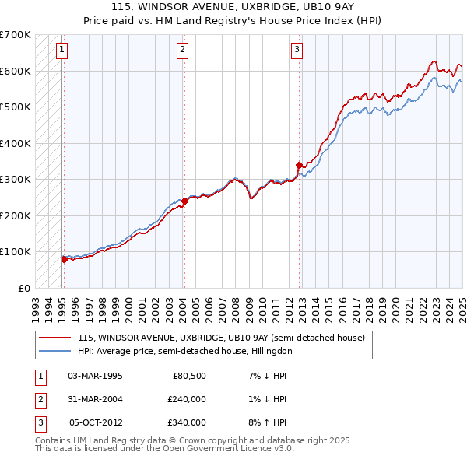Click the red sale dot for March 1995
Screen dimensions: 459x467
[x=64, y=259]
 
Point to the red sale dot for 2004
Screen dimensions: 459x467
[x=184, y=201]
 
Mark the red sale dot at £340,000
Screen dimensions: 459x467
[x=299, y=165]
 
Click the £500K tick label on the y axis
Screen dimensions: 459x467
[x=16, y=107]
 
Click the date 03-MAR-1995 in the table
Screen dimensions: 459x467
[x=96, y=376]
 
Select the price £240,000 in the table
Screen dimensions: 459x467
[x=187, y=399]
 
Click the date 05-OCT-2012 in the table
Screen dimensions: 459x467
[x=96, y=422]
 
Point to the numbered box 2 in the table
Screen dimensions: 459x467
[x=40, y=399]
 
